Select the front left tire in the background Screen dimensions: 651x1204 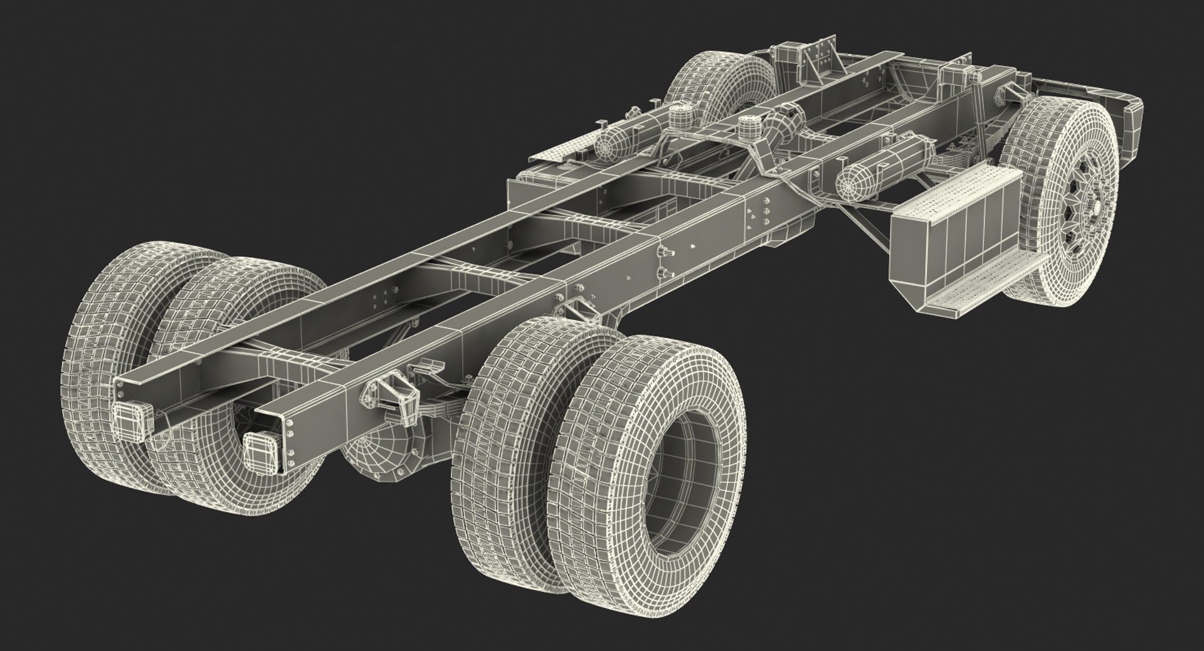click(x=715, y=88)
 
